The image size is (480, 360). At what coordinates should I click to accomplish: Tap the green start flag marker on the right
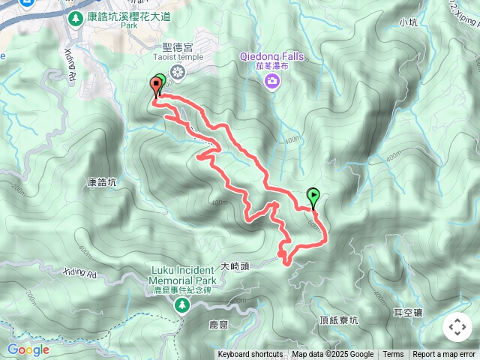tap(313, 196)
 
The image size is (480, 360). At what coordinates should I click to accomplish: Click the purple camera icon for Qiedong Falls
tap(271, 80)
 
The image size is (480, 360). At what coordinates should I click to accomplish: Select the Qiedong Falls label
tap(271, 55)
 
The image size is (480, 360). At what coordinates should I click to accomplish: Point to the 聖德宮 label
tap(178, 46)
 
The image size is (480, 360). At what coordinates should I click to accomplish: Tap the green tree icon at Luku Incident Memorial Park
tap(181, 304)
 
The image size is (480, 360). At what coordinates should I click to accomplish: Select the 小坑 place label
tap(409, 22)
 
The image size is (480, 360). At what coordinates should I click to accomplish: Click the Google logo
tap(28, 349)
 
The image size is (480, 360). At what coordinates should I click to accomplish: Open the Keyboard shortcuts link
tap(250, 355)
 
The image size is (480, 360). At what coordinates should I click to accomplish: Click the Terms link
tap(393, 355)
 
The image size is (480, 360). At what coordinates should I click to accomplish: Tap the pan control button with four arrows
tap(457, 326)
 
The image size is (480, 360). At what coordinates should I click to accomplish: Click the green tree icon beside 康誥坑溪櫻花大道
tap(75, 17)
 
